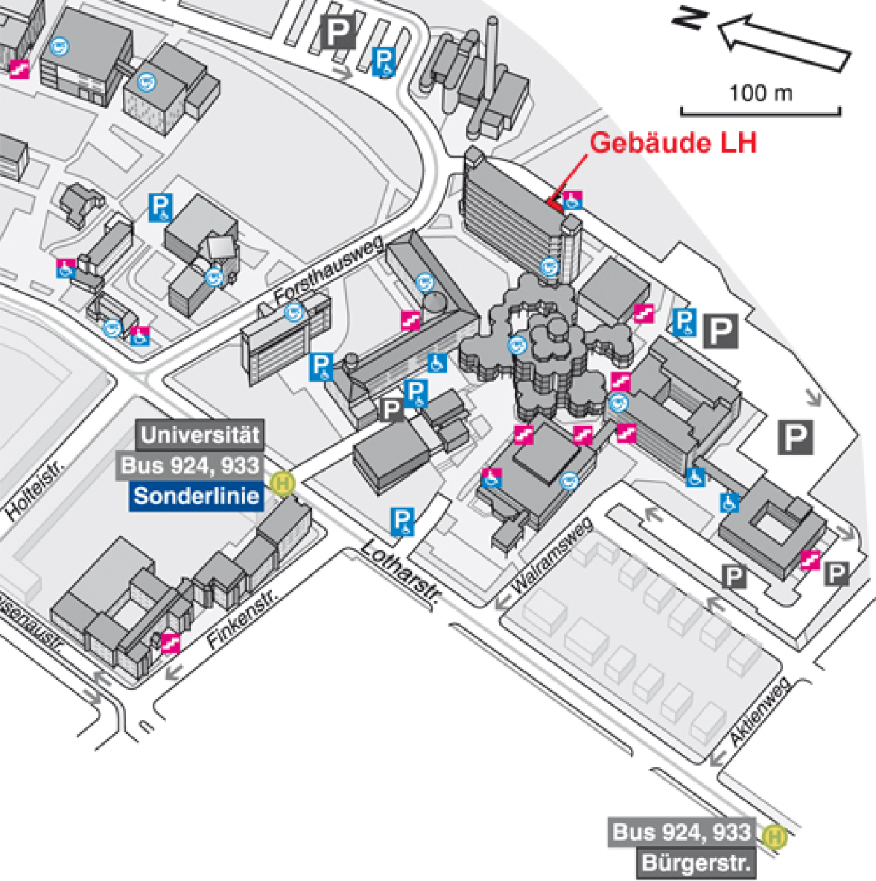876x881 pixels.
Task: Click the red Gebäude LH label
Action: [672, 142]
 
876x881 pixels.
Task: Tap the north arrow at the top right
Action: [784, 43]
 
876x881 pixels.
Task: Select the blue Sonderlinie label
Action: [196, 496]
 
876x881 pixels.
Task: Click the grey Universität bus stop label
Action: [199, 435]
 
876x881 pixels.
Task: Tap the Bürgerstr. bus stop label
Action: [696, 863]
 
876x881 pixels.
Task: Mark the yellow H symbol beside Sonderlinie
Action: [283, 483]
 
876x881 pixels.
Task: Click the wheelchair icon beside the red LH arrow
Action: [573, 200]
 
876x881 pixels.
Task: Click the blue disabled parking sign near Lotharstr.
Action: [401, 522]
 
